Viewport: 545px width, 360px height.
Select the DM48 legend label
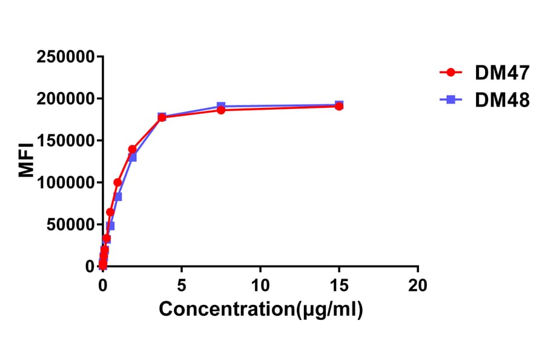(503, 100)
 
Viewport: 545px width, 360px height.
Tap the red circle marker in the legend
(451, 73)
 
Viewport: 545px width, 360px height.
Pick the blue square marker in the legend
(451, 100)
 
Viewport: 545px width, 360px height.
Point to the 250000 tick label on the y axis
(66, 58)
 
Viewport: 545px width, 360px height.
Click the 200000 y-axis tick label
(66, 99)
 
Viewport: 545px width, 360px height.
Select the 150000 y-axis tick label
(66, 141)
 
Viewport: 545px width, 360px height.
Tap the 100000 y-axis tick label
(66, 183)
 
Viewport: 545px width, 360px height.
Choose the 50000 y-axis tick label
(70, 225)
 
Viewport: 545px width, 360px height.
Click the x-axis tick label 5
(182, 285)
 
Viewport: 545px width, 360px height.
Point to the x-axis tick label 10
(260, 285)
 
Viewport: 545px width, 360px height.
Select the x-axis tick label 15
(339, 285)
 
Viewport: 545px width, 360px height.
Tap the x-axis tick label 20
(418, 285)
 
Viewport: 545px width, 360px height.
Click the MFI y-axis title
(27, 162)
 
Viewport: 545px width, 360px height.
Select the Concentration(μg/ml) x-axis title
(261, 310)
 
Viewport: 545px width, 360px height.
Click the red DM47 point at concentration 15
(339, 106)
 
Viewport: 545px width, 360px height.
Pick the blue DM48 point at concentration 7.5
(221, 107)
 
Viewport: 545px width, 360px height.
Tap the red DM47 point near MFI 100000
(117, 182)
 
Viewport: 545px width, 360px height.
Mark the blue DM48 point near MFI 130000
(133, 158)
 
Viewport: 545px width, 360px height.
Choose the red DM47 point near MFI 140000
(132, 149)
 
